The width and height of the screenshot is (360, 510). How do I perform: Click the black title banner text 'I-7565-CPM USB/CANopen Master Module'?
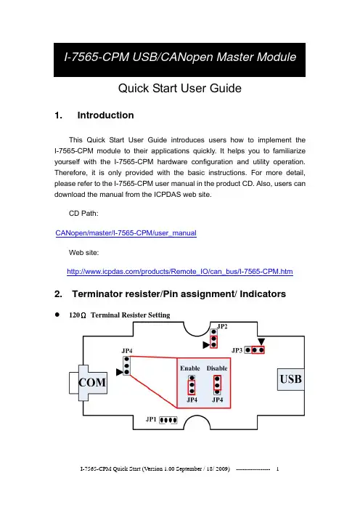[180, 57]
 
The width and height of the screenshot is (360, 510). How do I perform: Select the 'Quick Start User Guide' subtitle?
[180, 88]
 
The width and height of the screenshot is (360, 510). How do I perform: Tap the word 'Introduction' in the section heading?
[105, 115]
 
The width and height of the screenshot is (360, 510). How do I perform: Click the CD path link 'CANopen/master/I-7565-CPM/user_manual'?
[126, 233]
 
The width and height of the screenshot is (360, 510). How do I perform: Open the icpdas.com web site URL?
[180, 272]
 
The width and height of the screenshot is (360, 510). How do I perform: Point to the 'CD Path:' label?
[83, 214]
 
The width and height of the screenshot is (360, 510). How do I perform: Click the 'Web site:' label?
[83, 253]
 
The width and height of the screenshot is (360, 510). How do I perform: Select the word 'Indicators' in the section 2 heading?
[263, 294]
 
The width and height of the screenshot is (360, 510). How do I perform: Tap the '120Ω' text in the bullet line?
[78, 315]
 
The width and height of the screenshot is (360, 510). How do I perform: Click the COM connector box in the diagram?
[88, 383]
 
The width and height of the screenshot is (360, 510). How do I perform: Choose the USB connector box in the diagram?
[291, 379]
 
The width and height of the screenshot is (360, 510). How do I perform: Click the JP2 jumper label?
[222, 326]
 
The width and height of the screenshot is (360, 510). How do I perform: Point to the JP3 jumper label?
[237, 350]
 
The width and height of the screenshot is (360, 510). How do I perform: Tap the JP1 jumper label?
[151, 419]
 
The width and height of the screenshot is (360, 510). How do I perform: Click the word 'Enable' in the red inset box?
[190, 368]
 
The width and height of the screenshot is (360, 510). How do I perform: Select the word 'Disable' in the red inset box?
[217, 368]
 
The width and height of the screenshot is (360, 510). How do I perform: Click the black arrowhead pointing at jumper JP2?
[206, 345]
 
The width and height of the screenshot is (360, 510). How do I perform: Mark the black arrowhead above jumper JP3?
[261, 341]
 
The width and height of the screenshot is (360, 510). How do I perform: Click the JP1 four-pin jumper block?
[168, 420]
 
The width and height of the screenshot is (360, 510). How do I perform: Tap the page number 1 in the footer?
[277, 469]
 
